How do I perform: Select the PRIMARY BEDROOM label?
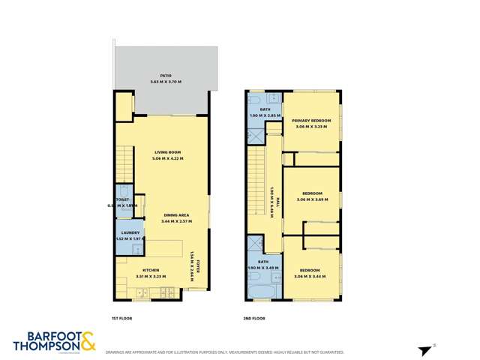(311, 124)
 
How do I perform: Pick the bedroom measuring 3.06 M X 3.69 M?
(313, 196)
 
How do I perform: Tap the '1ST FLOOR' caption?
(121, 319)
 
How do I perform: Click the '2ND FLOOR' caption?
(253, 319)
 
